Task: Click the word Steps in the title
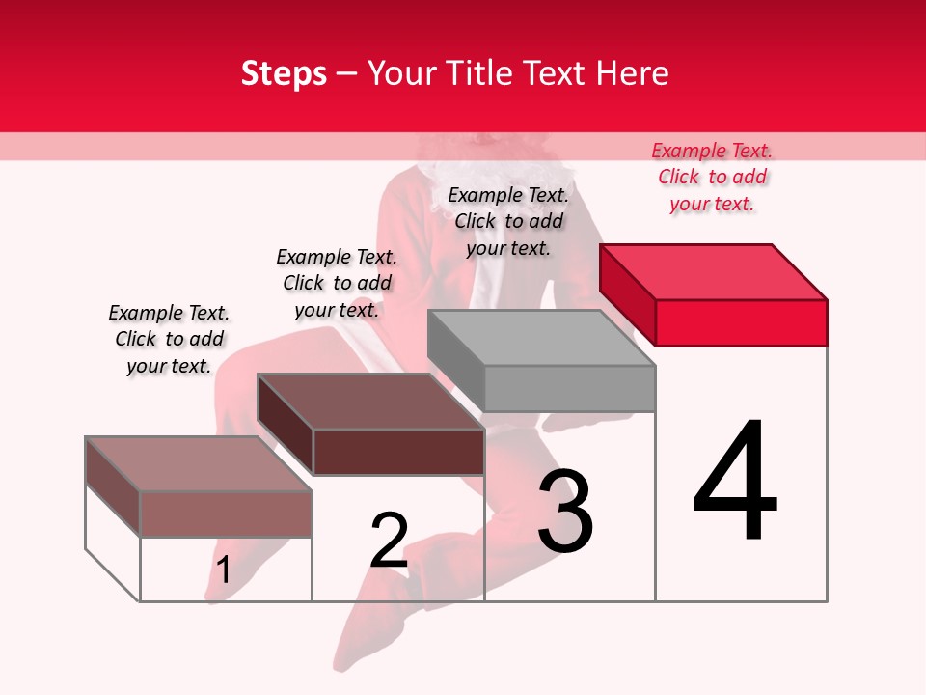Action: pyautogui.click(x=284, y=73)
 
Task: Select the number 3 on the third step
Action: pyautogui.click(x=565, y=511)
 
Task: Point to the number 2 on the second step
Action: pyautogui.click(x=389, y=540)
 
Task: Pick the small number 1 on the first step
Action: pyautogui.click(x=223, y=570)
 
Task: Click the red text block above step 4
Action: pyautogui.click(x=712, y=177)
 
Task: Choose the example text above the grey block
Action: pyautogui.click(x=508, y=221)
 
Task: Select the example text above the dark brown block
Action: pyautogui.click(x=337, y=283)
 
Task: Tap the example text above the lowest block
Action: pyautogui.click(x=169, y=339)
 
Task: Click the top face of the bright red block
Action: pyautogui.click(x=714, y=271)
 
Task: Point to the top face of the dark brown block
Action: pyautogui.click(x=370, y=401)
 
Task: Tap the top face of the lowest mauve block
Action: pyautogui.click(x=199, y=463)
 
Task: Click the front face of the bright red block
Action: pyautogui.click(x=741, y=322)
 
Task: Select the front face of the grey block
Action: pyautogui.click(x=569, y=388)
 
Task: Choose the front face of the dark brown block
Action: pyautogui.click(x=398, y=452)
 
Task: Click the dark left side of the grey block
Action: pyautogui.click(x=455, y=362)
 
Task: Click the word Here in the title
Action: pyautogui.click(x=634, y=73)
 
